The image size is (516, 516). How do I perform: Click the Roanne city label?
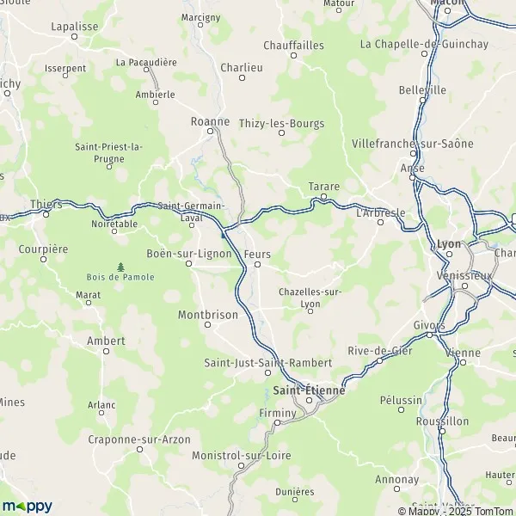point(210,122)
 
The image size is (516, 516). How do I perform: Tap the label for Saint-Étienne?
point(309,390)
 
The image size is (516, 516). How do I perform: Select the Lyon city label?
point(450,243)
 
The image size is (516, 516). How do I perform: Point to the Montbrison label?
point(207,315)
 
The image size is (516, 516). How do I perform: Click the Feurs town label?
point(257,255)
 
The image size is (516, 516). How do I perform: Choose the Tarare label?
point(324,187)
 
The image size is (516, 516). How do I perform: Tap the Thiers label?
point(46,205)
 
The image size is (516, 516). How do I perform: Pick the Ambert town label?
point(107,341)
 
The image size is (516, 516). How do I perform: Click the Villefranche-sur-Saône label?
point(425,144)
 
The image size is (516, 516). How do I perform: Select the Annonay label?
point(397,479)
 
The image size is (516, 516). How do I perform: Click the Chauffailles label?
point(293,45)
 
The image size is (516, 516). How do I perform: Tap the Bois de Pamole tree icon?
point(120,266)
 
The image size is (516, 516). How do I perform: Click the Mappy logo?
point(27,507)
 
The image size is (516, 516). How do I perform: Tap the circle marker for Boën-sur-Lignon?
point(189,263)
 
